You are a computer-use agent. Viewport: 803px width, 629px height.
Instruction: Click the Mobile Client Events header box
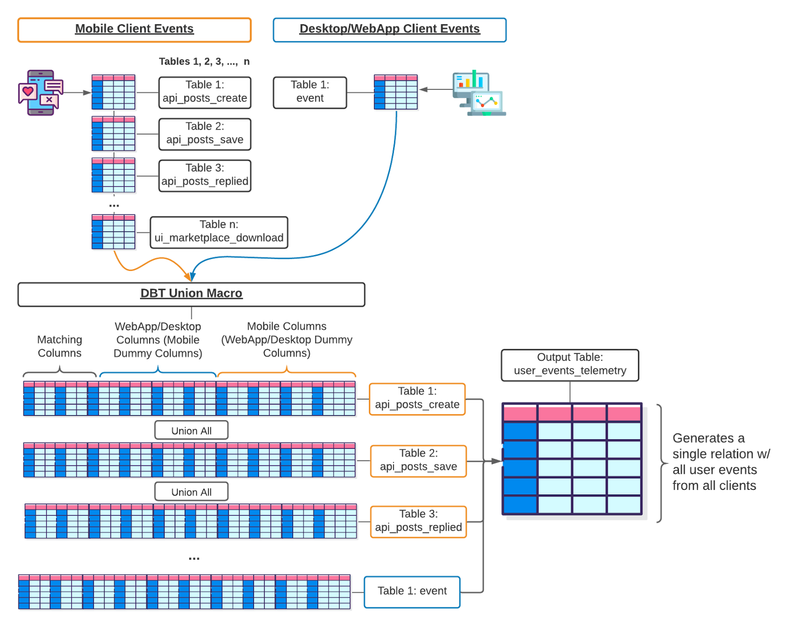coord(134,30)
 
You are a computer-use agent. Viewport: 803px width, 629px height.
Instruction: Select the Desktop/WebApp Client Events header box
coord(389,30)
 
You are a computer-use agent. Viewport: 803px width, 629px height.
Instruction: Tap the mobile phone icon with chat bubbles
coord(41,93)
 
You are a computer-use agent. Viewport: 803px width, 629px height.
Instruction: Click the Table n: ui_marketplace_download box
coord(219,232)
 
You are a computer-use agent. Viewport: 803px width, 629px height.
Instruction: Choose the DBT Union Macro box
coord(191,294)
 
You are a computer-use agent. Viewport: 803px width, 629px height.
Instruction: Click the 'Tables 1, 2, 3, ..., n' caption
coord(204,62)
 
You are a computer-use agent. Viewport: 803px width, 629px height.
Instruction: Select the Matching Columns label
coord(59,346)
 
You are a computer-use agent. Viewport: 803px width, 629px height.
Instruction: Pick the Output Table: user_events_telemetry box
coord(570,365)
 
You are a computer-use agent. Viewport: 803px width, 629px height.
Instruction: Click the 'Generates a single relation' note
coord(720,462)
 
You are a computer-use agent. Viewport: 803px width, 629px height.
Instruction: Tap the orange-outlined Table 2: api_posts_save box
coord(418,461)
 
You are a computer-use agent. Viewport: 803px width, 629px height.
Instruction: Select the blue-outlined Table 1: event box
coord(412,592)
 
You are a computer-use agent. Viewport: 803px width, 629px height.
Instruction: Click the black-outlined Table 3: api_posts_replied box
coord(205,175)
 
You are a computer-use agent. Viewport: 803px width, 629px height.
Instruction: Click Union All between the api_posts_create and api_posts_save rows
coord(191,431)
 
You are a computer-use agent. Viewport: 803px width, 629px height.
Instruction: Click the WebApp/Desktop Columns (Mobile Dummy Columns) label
coord(158,340)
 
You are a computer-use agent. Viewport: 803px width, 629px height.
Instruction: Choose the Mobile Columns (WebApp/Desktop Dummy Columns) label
coord(287,340)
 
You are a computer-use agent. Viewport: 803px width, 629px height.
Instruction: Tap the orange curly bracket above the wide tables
coord(287,372)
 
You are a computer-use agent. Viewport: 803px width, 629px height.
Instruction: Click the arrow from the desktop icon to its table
coord(436,90)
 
